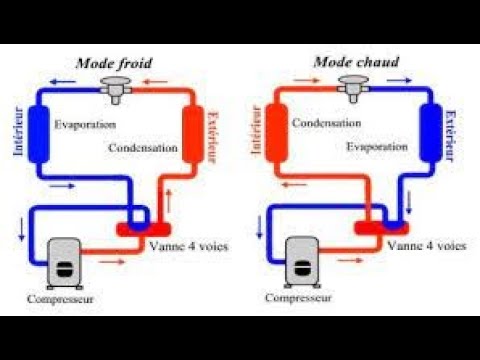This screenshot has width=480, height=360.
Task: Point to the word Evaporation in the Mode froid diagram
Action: tap(85, 125)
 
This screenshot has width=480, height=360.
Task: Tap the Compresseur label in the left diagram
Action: tap(63, 298)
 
